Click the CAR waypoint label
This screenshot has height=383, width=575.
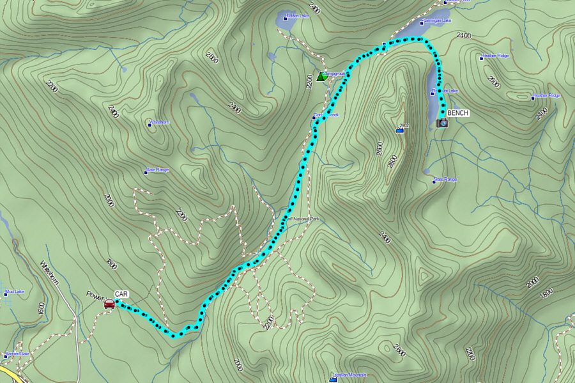click(x=121, y=294)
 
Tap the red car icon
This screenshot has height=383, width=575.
click(x=109, y=304)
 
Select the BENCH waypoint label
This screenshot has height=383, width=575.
click(x=457, y=113)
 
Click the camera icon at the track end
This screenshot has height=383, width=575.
click(x=442, y=122)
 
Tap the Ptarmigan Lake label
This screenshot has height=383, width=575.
click(x=436, y=20)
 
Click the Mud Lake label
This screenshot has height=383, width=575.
click(x=13, y=292)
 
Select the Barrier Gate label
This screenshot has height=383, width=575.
click(x=17, y=354)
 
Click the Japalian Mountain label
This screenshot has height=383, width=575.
click(x=350, y=375)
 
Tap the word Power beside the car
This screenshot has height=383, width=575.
click(x=95, y=295)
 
